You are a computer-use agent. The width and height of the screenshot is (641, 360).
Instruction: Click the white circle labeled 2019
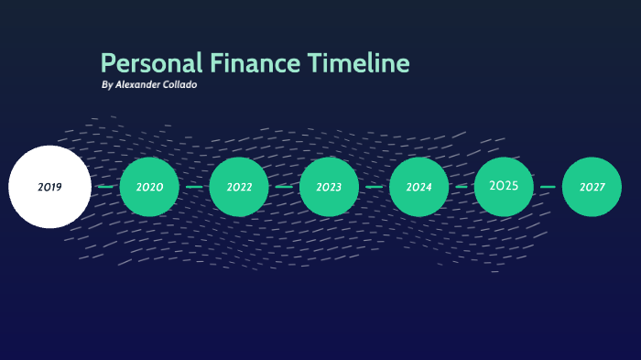point(49,187)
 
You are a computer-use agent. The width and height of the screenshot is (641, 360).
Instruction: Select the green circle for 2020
point(149,187)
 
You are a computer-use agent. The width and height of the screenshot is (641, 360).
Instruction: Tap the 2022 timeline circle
point(239,187)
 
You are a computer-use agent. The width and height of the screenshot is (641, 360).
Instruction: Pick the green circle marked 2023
point(329,187)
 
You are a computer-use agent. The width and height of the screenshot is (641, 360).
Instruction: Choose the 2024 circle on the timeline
point(418,187)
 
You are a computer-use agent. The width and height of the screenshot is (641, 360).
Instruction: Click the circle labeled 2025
point(504,186)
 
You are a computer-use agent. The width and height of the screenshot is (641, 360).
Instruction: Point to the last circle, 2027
point(592,187)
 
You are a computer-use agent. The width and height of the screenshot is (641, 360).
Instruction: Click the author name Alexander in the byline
point(140,85)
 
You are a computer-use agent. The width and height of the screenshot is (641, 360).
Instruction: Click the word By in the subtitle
point(107,85)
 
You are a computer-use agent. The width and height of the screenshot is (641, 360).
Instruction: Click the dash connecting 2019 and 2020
point(105,187)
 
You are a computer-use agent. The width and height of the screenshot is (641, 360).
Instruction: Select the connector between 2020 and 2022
point(194,187)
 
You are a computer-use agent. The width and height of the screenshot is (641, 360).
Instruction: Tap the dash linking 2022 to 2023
point(284,187)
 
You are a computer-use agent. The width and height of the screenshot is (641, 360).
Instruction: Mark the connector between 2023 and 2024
point(374,187)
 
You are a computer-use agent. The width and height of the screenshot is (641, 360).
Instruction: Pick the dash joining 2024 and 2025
point(462,187)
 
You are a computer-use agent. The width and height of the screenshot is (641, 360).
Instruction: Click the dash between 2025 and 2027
point(548,187)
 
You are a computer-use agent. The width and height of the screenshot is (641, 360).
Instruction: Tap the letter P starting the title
point(107,63)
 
